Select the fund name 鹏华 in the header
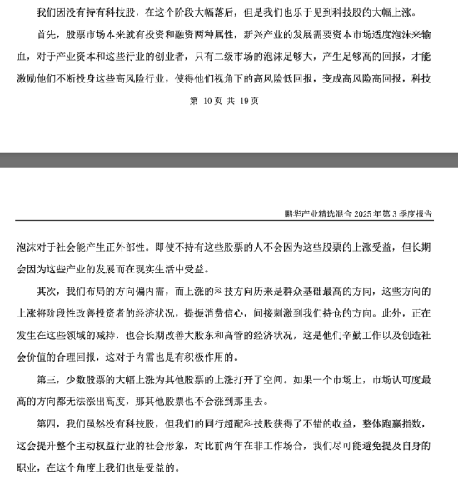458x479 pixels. tap(292, 213)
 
